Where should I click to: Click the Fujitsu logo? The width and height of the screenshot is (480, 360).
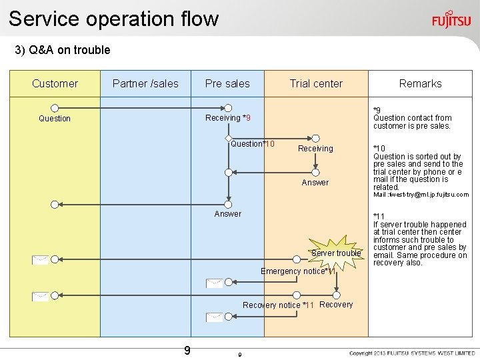coord(451,19)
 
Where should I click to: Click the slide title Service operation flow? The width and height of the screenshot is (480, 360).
coord(113,19)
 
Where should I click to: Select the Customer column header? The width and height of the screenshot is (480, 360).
coord(55,83)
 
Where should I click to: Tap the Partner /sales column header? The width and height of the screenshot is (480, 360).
coord(145,83)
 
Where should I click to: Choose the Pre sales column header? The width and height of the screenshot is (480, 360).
coord(227,83)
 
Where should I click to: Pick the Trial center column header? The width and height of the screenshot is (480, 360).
coord(316,83)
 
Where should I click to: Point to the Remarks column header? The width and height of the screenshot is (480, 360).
coord(420,83)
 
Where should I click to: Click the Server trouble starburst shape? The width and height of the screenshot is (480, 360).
coord(336,253)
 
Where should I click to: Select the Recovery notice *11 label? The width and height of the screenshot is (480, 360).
coord(278,305)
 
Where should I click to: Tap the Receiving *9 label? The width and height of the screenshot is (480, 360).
coord(228,118)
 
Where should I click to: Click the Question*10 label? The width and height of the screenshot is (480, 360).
coord(253,144)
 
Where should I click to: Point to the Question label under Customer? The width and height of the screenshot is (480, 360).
coord(55,119)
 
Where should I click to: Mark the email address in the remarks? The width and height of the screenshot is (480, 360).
coord(420,195)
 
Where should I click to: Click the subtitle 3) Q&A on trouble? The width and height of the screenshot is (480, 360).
coord(63,50)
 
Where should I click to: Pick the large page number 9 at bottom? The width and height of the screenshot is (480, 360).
coord(187,350)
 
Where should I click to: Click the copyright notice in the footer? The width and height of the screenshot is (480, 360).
coord(412,353)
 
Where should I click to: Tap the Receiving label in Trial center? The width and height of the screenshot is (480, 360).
coord(315,149)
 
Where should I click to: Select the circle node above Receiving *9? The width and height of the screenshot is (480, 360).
coord(229,107)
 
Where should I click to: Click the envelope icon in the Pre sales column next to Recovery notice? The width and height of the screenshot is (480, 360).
coord(214,317)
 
